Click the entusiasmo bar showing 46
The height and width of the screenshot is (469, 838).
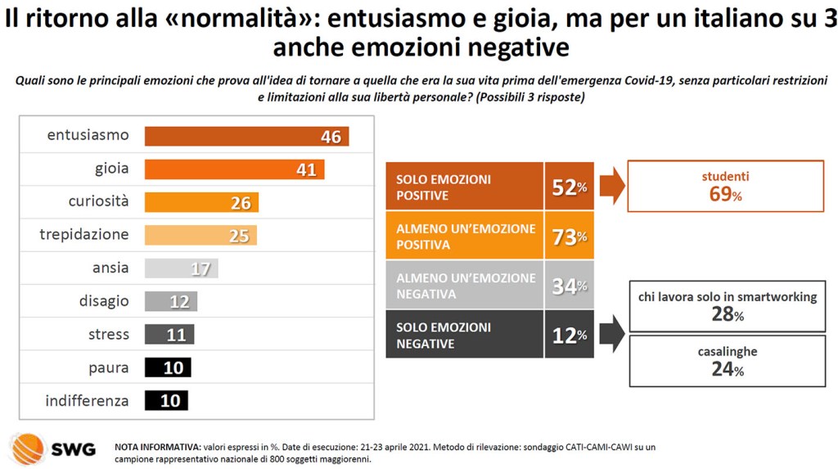pos(246,137)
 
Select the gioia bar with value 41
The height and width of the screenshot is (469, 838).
pos(234,169)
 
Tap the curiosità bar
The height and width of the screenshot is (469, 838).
pos(201,202)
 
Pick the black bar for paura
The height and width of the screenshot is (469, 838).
pos(168,368)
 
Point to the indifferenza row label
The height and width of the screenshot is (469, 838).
pos(88,401)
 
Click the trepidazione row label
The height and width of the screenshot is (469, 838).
pos(84,235)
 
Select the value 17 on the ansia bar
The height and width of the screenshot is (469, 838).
pos(200,268)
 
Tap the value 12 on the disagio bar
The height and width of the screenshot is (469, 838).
pos(180,302)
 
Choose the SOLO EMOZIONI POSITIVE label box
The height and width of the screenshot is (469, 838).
pos(464,187)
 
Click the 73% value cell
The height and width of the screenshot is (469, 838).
pos(570,236)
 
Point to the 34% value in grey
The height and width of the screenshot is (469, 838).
pos(570,286)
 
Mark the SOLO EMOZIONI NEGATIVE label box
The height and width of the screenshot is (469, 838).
pos(464,335)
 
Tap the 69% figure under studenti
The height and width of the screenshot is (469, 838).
pos(725,195)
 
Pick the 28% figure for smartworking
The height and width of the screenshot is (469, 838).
pos(727,315)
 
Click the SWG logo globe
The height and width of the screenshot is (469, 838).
pos(27,449)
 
